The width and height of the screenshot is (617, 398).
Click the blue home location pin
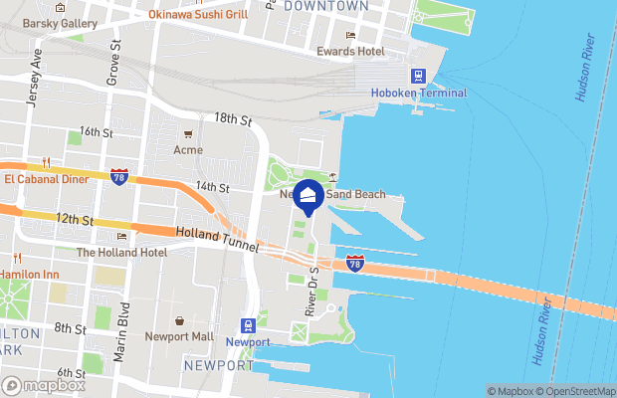tap(308, 197)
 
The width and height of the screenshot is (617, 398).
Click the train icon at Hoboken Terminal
tap(418, 76)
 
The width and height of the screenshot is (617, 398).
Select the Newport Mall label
tap(180, 336)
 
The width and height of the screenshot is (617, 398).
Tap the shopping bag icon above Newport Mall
tap(179, 321)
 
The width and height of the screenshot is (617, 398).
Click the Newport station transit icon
tap(247, 325)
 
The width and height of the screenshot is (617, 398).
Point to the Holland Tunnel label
tap(217, 240)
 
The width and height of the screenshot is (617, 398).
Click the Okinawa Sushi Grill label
tap(198, 14)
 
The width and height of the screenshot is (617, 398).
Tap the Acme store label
tap(187, 150)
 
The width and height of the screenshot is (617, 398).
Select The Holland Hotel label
tap(121, 252)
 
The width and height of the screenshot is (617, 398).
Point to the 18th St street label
tap(234, 118)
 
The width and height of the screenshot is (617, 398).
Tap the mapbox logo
tap(43, 385)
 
